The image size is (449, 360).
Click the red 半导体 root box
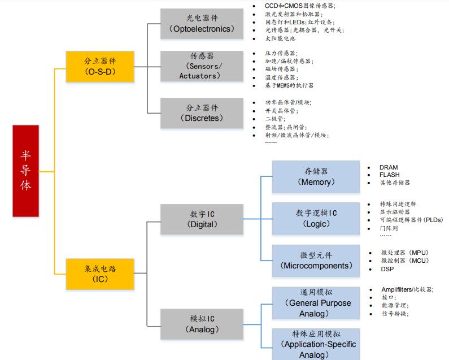click(26, 171)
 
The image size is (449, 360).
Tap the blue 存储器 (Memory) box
click(316, 176)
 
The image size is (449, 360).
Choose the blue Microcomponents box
click(316, 261)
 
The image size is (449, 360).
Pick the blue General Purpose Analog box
click(316, 303)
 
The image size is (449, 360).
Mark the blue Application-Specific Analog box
click(316, 344)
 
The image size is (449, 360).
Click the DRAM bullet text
click(389, 167)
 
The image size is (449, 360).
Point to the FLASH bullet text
click(389, 175)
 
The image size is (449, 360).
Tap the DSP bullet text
click(387, 270)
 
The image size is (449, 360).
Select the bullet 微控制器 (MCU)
click(405, 261)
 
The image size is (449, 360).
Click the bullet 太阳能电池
click(280, 38)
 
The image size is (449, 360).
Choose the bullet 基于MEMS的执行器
click(289, 85)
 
